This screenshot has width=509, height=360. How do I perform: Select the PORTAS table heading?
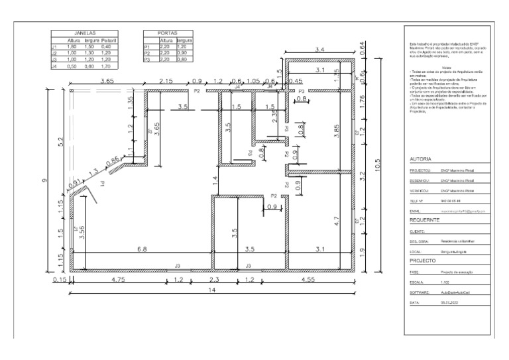coord(167,32)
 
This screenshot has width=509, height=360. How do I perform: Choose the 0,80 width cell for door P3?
coord(184,60)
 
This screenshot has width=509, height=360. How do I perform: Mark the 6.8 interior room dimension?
coord(142,249)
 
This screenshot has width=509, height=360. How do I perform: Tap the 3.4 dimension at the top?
coord(319,49)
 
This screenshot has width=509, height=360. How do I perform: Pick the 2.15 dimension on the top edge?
coord(166,80)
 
